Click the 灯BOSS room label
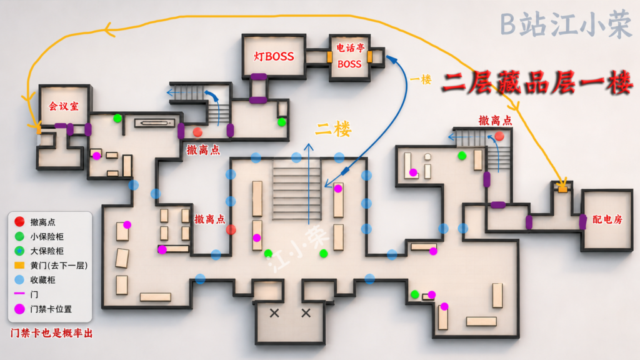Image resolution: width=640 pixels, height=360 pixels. [274, 56]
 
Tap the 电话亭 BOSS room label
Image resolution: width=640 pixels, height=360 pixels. [350, 56]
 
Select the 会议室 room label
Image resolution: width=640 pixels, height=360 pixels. [64, 106]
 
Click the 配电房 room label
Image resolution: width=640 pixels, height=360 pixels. [607, 219]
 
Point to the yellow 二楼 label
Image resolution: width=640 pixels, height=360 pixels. [333, 129]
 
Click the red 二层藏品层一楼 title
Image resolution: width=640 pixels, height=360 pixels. [537, 83]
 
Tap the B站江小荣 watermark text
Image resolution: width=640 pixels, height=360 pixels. [566, 25]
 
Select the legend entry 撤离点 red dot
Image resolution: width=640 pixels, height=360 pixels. [19, 222]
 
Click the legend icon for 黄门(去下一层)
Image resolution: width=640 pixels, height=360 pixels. [19, 265]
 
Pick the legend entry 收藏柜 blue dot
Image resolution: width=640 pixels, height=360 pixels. [19, 279]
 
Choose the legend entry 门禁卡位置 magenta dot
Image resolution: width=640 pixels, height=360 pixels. [19, 309]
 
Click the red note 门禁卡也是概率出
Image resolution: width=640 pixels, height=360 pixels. [51, 333]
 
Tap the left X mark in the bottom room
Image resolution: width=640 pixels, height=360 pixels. [274, 313]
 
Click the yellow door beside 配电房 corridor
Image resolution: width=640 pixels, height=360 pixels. [563, 189]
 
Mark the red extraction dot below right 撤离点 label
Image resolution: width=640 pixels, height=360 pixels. [499, 136]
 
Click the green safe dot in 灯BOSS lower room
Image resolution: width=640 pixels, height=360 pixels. [282, 122]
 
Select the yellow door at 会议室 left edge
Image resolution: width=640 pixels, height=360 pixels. [39, 130]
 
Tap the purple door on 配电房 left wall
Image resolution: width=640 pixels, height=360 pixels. [583, 222]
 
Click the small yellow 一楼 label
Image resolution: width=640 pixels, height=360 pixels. [421, 79]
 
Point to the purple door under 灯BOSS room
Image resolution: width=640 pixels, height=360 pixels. [259, 77]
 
